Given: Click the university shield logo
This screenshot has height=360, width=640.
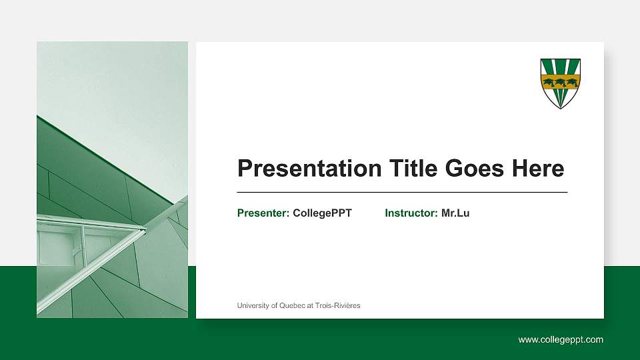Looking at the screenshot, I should click(560, 83).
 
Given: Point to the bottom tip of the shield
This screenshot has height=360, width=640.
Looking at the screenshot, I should click(560, 107).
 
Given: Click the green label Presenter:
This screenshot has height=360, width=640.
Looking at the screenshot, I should click(263, 213).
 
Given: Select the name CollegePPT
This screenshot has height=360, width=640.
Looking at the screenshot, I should click(322, 213).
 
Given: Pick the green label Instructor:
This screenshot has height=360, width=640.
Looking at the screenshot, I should click(411, 213).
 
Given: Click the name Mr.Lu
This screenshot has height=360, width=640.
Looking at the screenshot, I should click(455, 213).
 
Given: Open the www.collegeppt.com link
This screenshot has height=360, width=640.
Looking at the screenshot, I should click(561, 339).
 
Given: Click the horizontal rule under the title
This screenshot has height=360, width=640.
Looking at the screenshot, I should click(402, 192).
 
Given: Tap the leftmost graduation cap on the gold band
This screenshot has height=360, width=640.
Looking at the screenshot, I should click(549, 83).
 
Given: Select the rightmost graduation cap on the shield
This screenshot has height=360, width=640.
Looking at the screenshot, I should click(571, 83).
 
